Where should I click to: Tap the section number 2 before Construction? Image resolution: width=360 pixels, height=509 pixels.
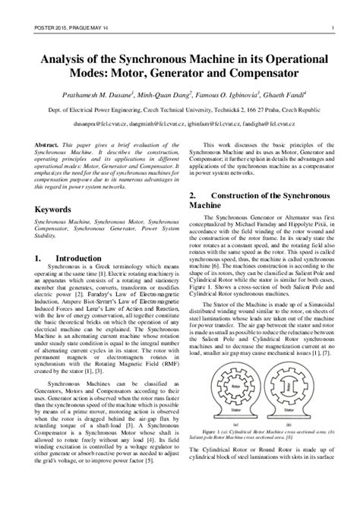191,195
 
